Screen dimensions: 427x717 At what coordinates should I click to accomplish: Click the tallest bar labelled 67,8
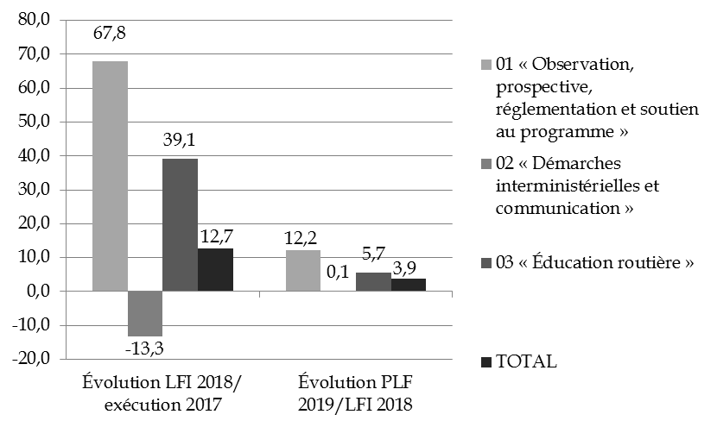110,176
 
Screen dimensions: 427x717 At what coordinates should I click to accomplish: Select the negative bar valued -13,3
145,313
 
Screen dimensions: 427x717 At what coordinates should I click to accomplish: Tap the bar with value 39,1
181,225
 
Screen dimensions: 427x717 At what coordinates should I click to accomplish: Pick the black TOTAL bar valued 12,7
215,270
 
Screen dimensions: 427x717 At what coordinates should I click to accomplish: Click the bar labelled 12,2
303,271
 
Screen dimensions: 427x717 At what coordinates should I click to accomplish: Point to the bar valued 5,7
373,282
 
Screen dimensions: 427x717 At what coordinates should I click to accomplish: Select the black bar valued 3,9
409,285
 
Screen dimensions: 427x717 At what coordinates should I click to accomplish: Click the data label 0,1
339,274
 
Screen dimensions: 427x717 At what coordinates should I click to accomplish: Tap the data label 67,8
110,37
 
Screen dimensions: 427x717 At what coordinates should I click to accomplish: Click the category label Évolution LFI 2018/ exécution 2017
162,392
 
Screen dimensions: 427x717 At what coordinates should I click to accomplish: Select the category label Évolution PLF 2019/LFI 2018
356,392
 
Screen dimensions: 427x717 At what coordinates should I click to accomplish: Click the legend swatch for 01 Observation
487,66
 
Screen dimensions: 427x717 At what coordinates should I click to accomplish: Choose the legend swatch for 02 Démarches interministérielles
487,164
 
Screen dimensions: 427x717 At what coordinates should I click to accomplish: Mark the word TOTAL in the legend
527,361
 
